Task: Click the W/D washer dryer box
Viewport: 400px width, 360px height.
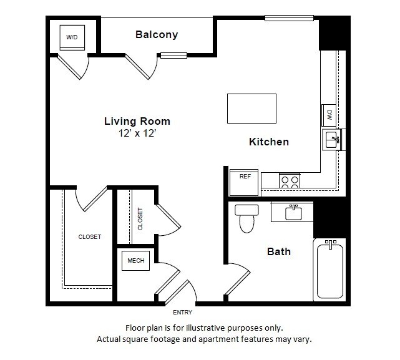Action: tap(72, 37)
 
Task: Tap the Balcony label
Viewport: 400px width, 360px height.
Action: tap(157, 35)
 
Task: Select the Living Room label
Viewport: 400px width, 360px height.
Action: tap(137, 121)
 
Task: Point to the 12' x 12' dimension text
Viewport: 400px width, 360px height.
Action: tap(137, 133)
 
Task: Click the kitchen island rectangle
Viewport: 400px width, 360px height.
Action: tap(251, 109)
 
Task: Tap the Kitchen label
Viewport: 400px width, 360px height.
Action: tap(269, 142)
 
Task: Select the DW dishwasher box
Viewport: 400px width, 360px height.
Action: tap(328, 115)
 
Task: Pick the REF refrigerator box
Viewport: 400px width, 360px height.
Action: tap(245, 177)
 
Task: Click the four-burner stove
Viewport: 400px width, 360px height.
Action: tap(290, 181)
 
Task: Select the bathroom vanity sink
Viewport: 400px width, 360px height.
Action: tap(294, 213)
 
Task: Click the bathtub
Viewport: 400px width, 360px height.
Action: tap(329, 271)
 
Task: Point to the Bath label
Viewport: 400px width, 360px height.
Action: tap(279, 252)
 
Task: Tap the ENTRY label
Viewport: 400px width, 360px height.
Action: tap(182, 313)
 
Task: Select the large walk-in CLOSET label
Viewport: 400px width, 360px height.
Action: tap(89, 237)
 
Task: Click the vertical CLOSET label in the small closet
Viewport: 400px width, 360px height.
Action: tap(140, 219)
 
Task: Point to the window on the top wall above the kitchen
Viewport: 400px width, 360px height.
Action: tap(289, 17)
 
